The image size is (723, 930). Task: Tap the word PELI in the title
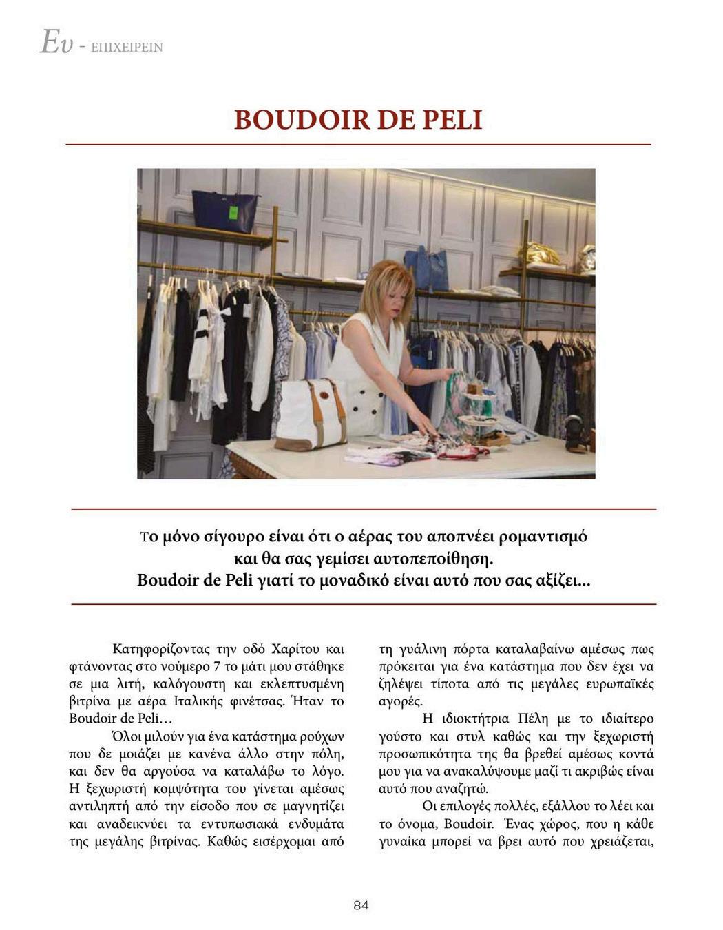[451, 120]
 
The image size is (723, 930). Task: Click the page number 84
[361, 905]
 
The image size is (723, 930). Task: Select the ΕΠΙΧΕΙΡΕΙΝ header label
[127, 48]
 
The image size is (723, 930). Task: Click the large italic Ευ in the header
[56, 43]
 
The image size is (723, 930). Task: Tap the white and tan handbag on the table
[311, 413]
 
